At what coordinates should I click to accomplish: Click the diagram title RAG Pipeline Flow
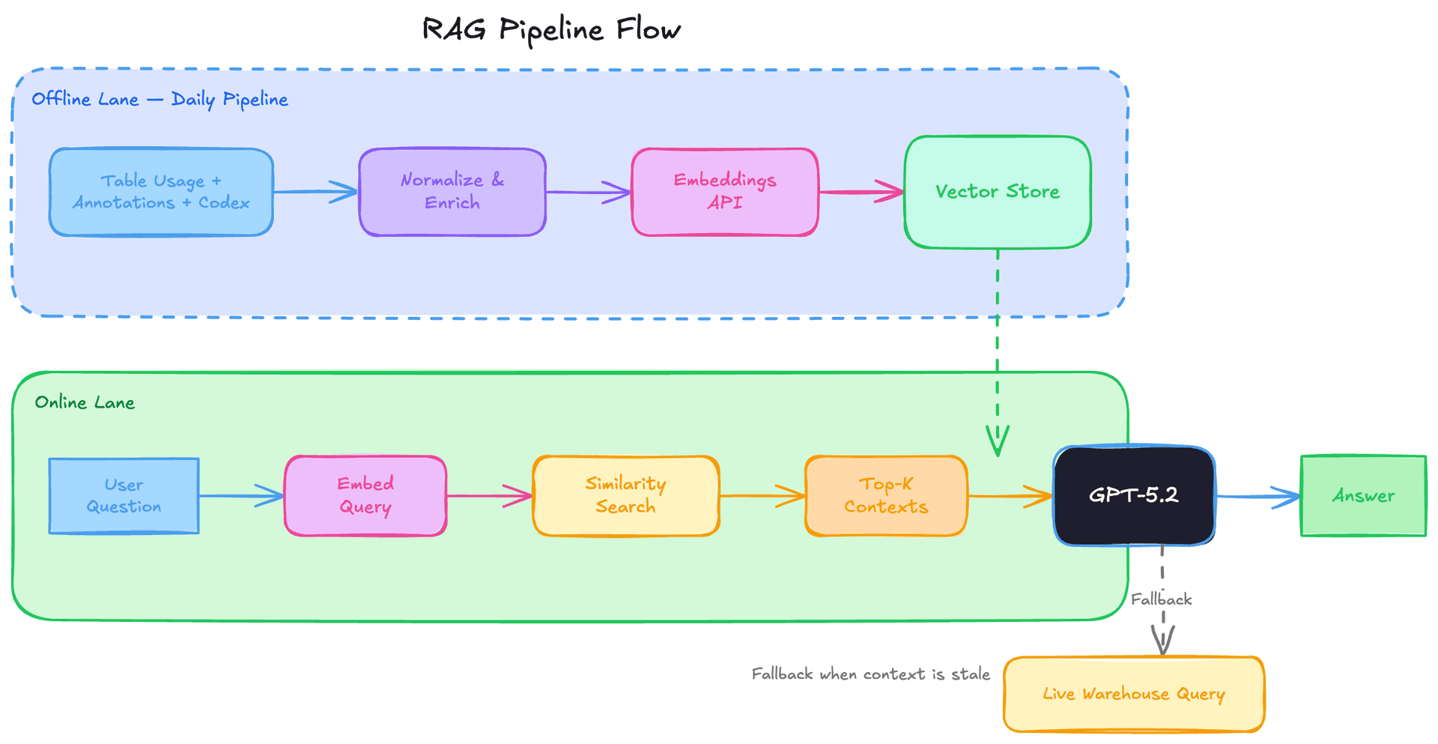click(x=551, y=30)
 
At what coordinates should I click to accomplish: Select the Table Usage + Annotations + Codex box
click(x=161, y=192)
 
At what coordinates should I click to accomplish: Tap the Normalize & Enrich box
click(x=452, y=192)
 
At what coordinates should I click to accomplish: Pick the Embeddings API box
click(x=725, y=192)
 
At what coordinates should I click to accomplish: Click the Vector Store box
click(x=998, y=192)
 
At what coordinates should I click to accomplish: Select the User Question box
click(x=124, y=496)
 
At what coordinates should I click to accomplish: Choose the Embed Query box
click(x=365, y=496)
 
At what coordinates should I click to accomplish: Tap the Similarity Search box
click(x=626, y=496)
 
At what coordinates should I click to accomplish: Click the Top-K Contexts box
click(x=886, y=496)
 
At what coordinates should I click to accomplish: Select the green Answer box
click(x=1363, y=496)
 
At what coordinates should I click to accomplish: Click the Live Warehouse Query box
click(x=1134, y=695)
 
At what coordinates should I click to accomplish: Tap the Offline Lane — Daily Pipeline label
click(x=160, y=100)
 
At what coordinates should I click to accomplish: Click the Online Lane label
click(x=85, y=403)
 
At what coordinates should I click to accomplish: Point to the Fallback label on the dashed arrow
click(x=1161, y=599)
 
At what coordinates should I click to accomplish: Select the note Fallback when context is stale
click(x=870, y=674)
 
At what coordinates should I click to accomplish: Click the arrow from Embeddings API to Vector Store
click(x=861, y=192)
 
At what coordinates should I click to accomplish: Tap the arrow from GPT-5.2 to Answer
click(x=1258, y=497)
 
